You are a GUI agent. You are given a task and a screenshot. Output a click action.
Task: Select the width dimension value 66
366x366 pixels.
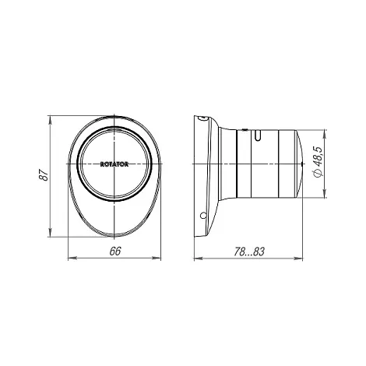115,251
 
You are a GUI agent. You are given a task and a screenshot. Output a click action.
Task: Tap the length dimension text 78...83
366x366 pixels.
249,252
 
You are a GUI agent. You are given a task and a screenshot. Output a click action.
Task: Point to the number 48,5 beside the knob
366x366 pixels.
317,157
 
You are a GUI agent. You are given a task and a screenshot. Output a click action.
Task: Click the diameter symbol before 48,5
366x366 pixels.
318,173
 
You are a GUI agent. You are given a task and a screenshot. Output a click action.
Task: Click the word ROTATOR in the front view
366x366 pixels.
114,164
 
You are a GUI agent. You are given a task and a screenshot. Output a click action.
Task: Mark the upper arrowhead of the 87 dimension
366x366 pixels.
50,120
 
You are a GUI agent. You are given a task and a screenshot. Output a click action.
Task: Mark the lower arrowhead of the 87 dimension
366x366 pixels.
50,232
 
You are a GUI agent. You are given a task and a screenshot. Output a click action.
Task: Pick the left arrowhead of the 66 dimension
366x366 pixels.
72,258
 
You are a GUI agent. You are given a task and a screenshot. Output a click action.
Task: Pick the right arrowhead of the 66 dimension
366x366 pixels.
157,258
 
